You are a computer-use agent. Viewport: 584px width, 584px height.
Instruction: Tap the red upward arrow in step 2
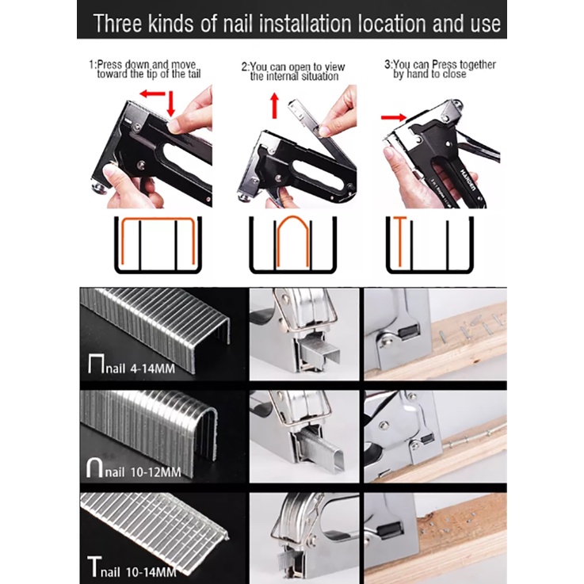[274, 105]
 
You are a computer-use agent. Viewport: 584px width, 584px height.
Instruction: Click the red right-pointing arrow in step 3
[393, 117]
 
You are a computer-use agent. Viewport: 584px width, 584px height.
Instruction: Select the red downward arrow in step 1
[170, 103]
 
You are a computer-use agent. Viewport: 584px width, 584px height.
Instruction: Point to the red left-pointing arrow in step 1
[152, 94]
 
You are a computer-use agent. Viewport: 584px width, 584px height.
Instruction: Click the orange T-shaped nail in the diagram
[399, 241]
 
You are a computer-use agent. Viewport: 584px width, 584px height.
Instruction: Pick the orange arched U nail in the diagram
[292, 242]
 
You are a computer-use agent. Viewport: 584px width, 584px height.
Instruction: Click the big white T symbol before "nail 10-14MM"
[94, 567]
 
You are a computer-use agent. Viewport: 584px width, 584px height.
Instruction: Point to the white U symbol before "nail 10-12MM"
[94, 468]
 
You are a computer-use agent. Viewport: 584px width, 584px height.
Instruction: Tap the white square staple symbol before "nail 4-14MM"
[96, 364]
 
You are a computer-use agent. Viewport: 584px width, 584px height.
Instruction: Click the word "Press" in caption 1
[109, 64]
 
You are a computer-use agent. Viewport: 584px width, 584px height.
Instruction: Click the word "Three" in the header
[118, 24]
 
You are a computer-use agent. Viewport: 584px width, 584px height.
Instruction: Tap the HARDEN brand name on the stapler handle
[468, 181]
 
